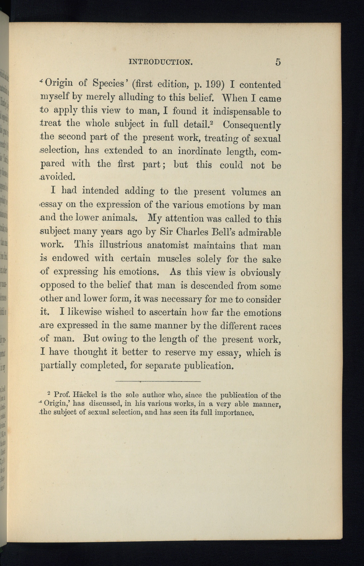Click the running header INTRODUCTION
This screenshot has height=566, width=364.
[x=160, y=62]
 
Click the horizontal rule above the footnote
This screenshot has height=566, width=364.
[x=158, y=381]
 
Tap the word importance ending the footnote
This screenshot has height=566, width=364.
[x=234, y=413]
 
